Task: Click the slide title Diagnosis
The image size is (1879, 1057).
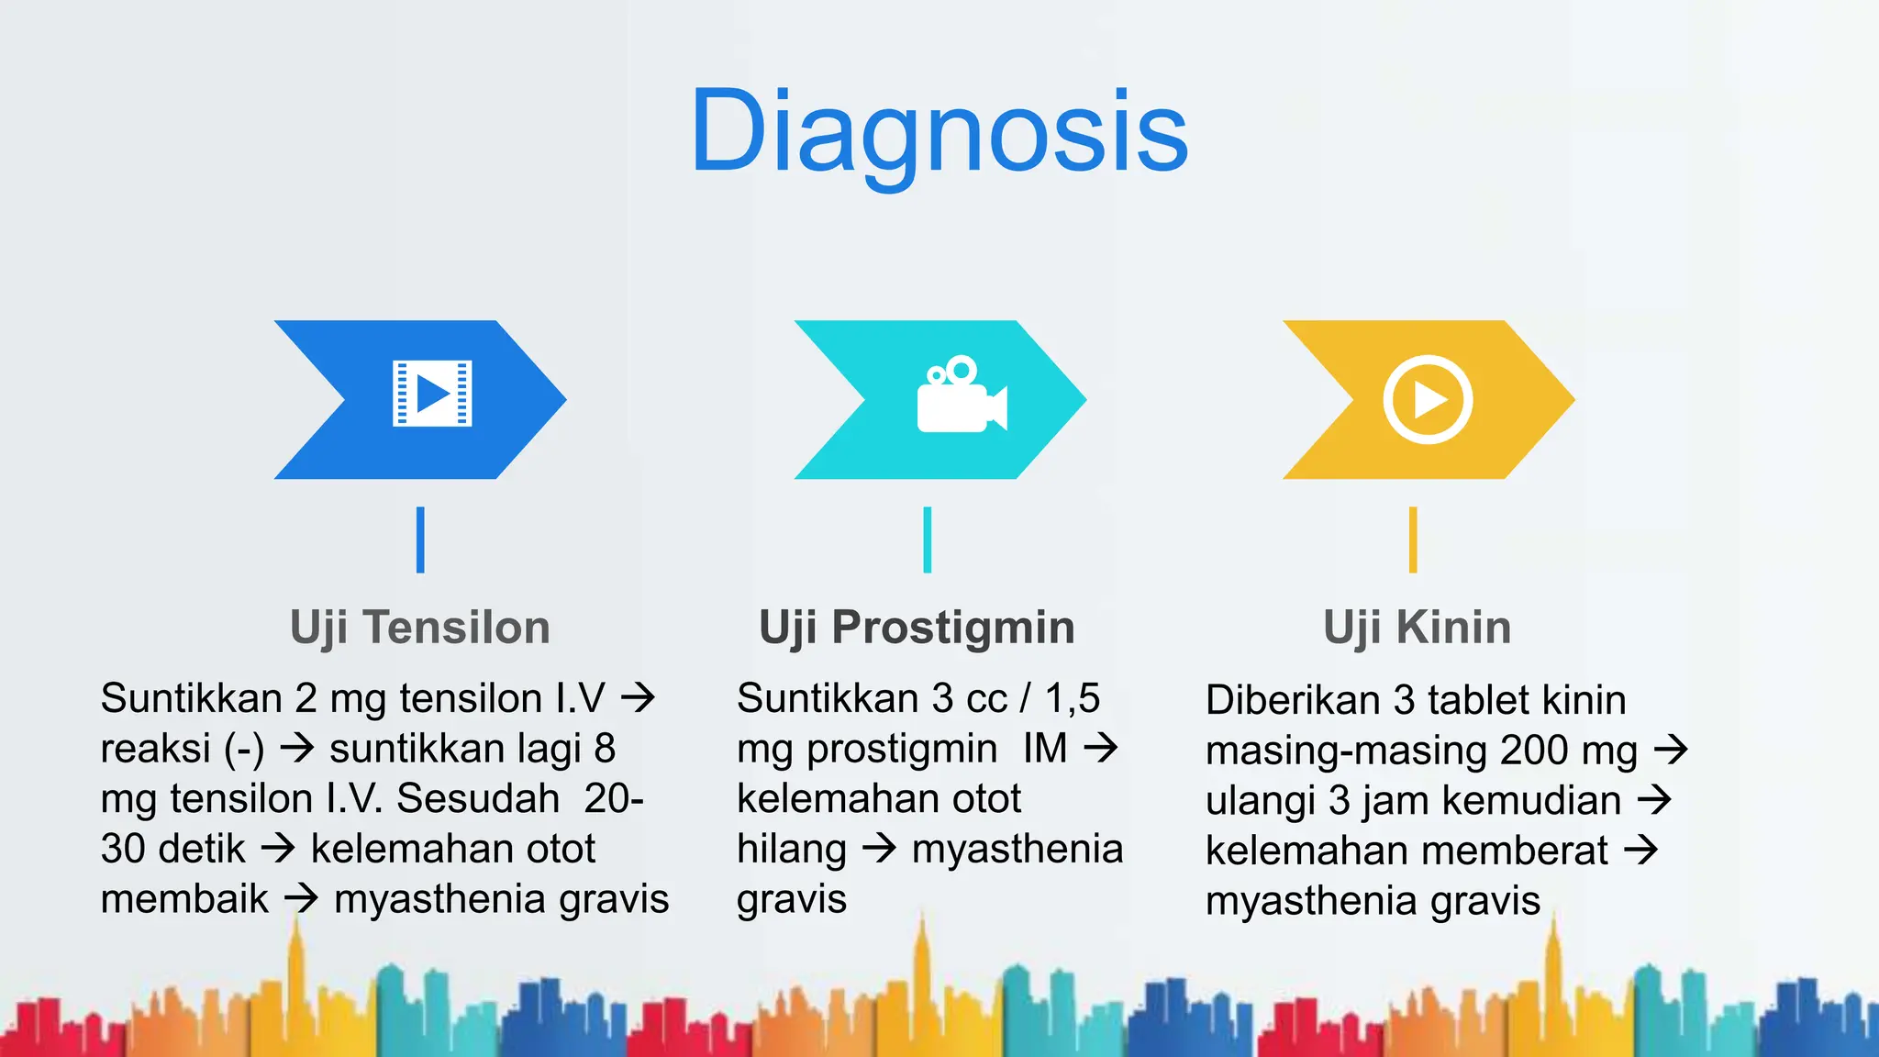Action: (x=939, y=130)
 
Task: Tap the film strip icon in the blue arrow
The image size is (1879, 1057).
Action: (x=432, y=394)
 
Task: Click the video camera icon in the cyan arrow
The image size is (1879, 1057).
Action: (x=961, y=395)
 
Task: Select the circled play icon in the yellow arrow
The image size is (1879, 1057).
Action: (x=1428, y=399)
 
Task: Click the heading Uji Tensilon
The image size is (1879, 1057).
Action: (x=420, y=628)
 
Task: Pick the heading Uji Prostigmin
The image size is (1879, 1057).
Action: (x=917, y=628)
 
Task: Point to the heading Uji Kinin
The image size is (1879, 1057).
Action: (x=1417, y=628)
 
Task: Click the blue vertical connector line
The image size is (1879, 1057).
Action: (x=420, y=540)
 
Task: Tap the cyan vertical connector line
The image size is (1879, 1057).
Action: (x=928, y=540)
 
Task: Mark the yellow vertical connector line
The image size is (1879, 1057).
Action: (x=1413, y=540)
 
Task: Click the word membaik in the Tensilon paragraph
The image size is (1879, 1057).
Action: (x=184, y=899)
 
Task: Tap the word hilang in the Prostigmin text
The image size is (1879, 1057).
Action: (x=791, y=849)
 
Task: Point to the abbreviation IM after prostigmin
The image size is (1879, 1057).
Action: (x=1045, y=748)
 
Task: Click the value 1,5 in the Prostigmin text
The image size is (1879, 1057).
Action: (x=1072, y=698)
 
